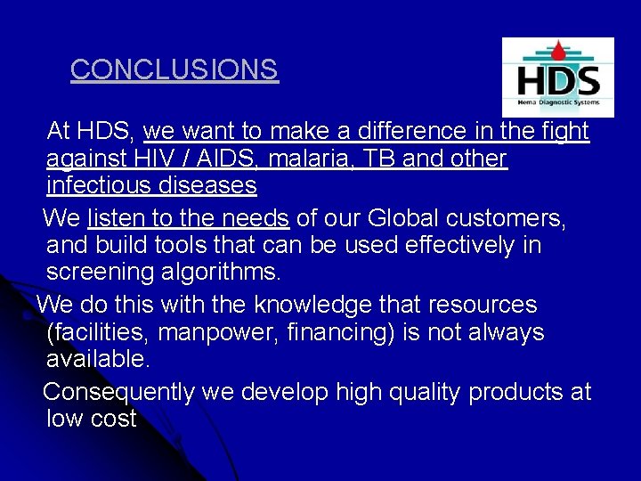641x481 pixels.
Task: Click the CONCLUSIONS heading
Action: (174, 69)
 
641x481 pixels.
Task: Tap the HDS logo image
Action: (557, 78)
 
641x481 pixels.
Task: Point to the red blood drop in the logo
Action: (558, 50)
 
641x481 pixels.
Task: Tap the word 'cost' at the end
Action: (114, 419)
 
